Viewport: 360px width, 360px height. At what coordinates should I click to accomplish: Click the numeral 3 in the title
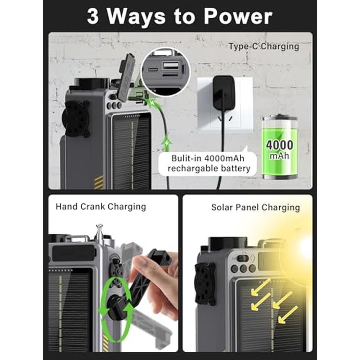pos(93,17)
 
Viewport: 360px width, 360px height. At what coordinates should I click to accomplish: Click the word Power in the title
pos(238,17)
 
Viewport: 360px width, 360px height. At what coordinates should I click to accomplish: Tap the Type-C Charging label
pos(264,46)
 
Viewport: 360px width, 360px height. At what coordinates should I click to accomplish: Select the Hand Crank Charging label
pos(101,207)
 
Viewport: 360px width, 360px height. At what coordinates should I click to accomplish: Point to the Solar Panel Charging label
pos(256,208)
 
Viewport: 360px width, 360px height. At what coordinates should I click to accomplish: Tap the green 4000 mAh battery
pos(280,147)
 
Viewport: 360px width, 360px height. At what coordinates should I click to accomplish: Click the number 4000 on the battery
pos(279,145)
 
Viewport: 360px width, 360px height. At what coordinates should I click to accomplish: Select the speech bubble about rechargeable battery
pos(208,163)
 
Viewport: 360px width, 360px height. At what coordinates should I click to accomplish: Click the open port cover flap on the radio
pos(127,75)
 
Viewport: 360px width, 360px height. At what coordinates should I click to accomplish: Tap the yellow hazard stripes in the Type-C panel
pos(99,182)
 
